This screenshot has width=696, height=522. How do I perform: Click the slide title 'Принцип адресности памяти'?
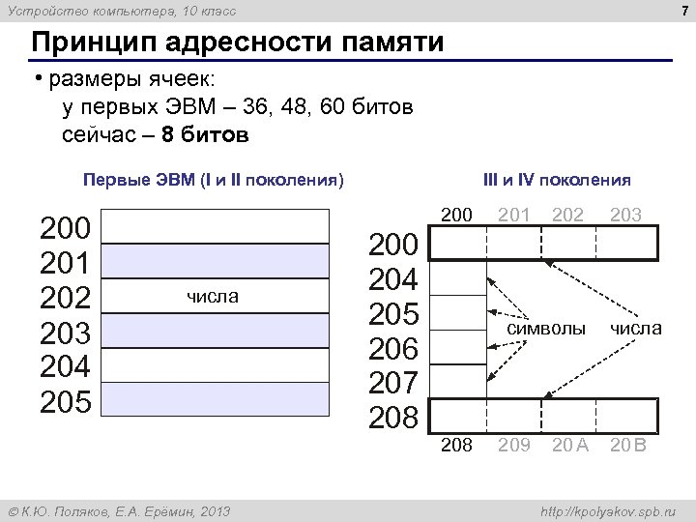238,44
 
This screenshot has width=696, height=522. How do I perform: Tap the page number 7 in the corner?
683,11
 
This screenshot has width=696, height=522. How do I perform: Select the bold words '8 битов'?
206,134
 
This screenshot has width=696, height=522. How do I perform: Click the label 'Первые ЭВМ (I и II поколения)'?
214,180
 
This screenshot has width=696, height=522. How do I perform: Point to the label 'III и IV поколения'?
558,180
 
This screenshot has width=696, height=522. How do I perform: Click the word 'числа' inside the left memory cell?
213,297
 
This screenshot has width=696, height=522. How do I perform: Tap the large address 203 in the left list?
65,332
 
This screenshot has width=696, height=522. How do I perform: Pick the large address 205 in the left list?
65,400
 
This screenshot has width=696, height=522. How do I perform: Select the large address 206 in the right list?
392,349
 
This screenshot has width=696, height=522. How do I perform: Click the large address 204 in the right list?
392,279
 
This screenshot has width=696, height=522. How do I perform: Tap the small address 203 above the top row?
625,215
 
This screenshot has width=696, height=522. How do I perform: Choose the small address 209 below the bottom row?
513,446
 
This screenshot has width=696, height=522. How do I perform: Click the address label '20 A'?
569,446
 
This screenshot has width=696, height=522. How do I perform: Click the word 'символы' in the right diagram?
546,329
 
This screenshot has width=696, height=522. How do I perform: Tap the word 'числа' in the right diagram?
635,329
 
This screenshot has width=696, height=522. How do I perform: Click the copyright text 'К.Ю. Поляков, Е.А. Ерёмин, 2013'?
119,510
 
